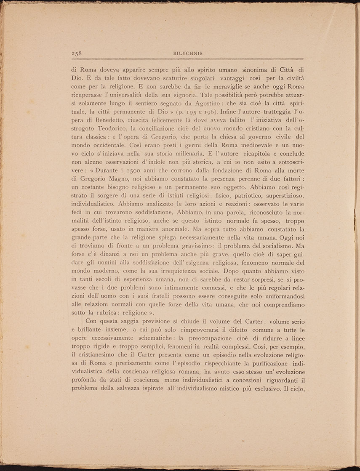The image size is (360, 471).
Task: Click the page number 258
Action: [x=76, y=53]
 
